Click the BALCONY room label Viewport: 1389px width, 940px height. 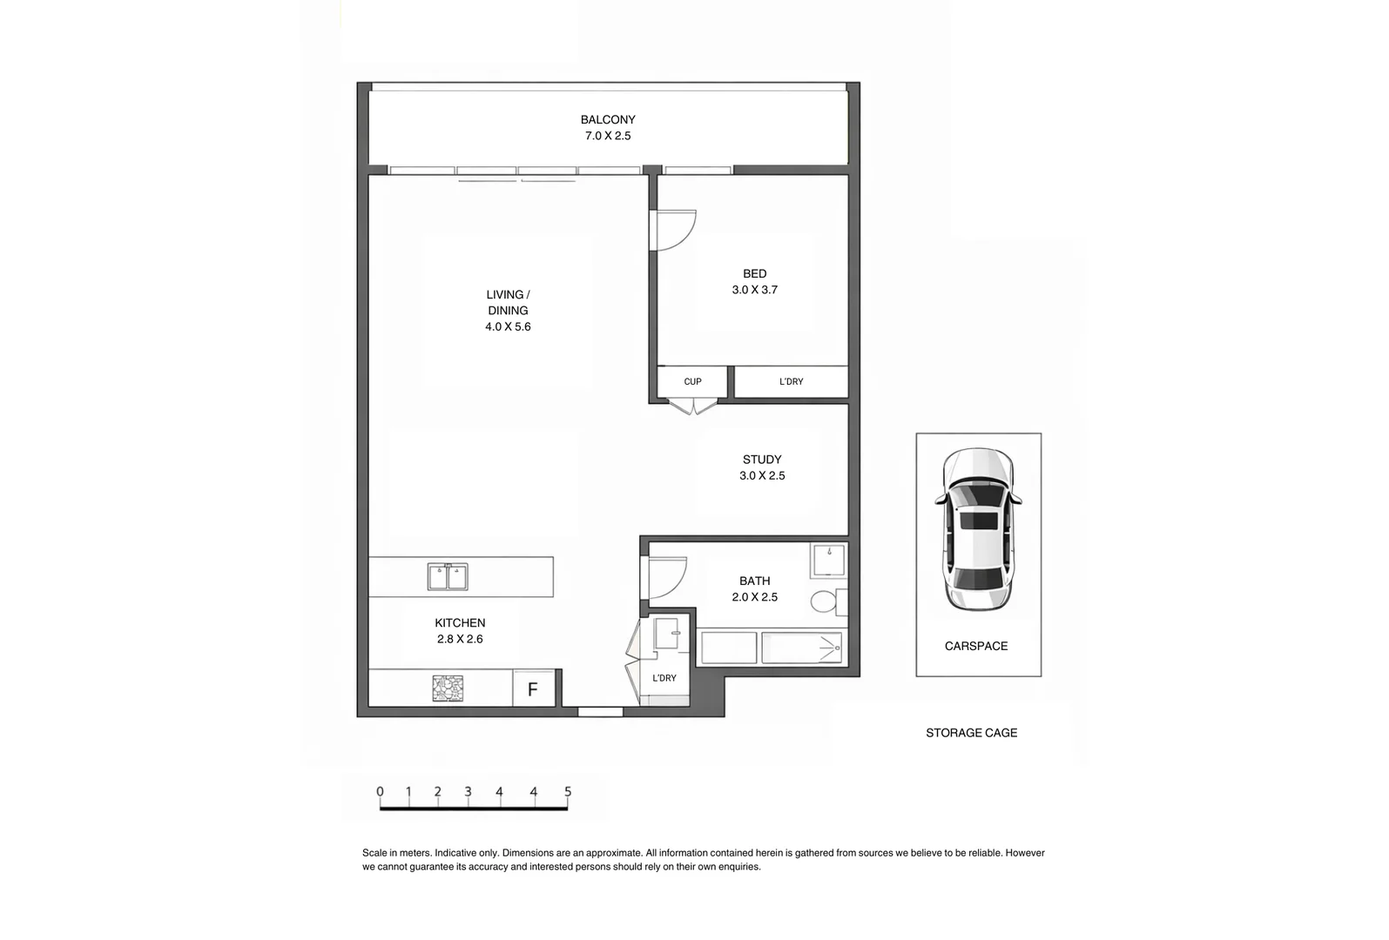click(608, 120)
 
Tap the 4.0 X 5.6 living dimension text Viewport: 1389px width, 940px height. click(508, 327)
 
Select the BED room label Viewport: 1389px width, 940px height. click(754, 274)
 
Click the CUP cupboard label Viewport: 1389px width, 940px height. click(692, 382)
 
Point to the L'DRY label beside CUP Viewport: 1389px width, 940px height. click(791, 382)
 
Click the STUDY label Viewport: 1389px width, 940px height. click(762, 460)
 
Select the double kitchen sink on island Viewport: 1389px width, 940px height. click(448, 576)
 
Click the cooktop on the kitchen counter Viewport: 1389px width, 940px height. click(448, 688)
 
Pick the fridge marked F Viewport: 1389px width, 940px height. click(533, 690)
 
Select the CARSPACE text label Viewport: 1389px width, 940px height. click(976, 647)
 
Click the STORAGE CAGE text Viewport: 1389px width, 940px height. click(971, 734)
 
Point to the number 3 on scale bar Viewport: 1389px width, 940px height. click(468, 792)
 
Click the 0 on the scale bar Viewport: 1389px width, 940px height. click(380, 792)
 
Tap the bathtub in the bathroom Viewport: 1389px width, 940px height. click(801, 648)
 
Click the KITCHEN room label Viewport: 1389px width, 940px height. click(460, 623)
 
